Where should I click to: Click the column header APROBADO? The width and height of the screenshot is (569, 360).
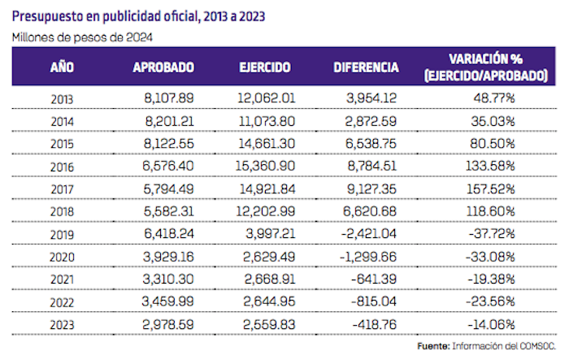(163, 67)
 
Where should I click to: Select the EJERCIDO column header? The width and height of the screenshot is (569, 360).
(265, 67)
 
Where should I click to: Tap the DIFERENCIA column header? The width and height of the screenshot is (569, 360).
(366, 67)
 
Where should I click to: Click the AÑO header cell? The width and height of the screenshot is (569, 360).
(63, 67)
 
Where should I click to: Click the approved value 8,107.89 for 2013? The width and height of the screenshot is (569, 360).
(167, 98)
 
